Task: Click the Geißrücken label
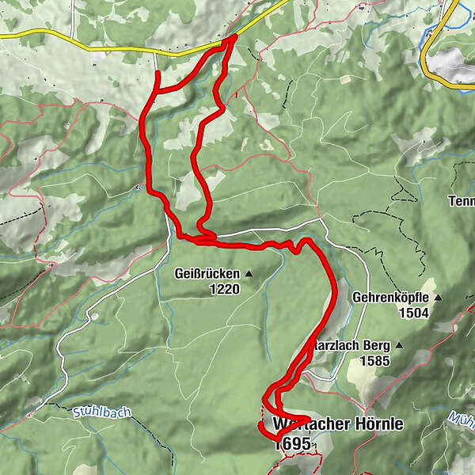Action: (206, 274)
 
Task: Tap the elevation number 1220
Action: (225, 290)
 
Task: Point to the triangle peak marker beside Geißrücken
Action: (249, 274)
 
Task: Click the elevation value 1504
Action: (413, 313)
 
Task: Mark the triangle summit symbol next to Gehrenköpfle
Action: (437, 298)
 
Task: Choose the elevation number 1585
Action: (375, 360)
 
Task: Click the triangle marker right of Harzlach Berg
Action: (400, 345)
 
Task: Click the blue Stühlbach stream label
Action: (101, 412)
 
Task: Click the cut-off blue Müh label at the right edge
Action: (463, 416)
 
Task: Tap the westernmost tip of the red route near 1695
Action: (260, 426)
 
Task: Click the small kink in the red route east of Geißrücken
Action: (294, 249)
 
